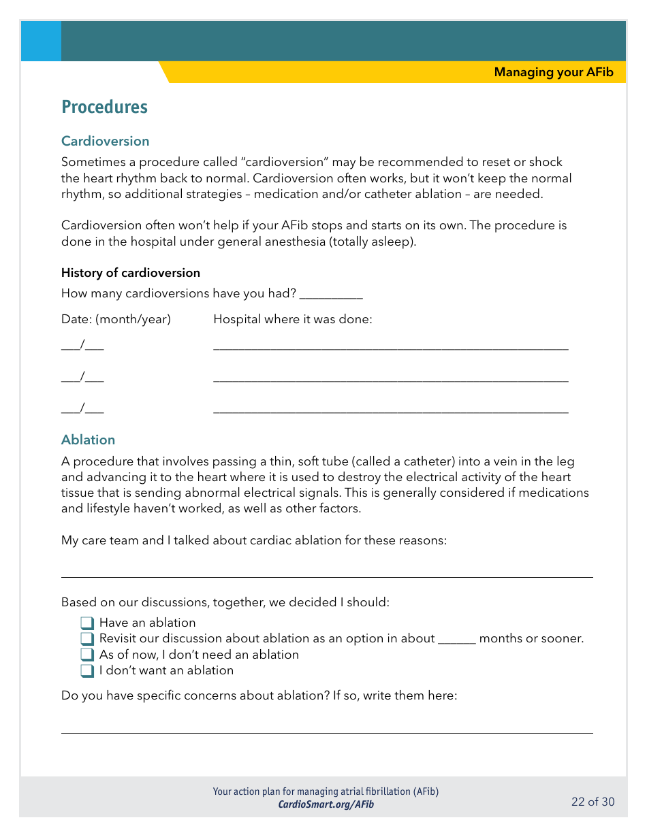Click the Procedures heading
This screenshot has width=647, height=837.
tap(104, 108)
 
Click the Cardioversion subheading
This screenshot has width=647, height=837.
tap(105, 141)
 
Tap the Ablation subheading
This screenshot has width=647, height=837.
tap(88, 440)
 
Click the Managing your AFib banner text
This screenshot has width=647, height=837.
tap(553, 72)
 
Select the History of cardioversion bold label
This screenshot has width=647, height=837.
tap(130, 273)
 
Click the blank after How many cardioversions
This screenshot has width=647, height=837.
tap(331, 295)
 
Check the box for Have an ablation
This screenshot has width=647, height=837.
tap(87, 623)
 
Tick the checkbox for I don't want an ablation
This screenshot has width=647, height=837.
tap(87, 671)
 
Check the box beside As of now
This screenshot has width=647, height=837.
tap(87, 655)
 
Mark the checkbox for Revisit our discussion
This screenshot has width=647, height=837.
tap(87, 639)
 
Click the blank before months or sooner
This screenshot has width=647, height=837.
tap(456, 640)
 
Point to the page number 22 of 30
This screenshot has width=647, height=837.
tap(593, 802)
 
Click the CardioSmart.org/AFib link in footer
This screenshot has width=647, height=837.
tap(326, 804)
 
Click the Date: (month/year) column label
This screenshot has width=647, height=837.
tap(116, 319)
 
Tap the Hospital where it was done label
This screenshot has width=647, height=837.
tap(293, 319)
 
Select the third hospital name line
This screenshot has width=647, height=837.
tap(390, 410)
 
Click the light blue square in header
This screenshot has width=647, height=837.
tap(41, 41)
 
